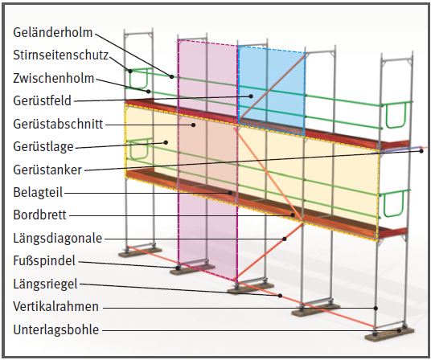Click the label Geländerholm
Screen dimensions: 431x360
click(x=53, y=32)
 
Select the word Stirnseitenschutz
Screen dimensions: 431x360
click(x=61, y=55)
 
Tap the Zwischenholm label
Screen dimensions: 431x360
click(x=54, y=78)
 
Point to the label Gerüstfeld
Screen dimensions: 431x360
click(x=43, y=100)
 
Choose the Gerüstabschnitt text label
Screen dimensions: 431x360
click(x=58, y=124)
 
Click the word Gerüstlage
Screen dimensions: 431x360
click(x=43, y=146)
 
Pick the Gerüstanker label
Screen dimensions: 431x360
click(x=47, y=170)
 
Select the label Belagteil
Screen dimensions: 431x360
click(x=38, y=193)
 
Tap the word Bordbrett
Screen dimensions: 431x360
click(x=39, y=215)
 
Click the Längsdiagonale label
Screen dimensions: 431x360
click(x=58, y=238)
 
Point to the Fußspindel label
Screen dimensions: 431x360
click(x=44, y=260)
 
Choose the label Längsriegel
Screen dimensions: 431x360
click(x=45, y=284)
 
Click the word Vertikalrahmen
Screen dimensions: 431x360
click(x=55, y=306)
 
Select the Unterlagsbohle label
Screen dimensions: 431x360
click(x=56, y=329)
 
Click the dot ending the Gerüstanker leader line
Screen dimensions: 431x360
click(x=421, y=151)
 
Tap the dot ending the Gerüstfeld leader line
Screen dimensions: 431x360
click(x=251, y=96)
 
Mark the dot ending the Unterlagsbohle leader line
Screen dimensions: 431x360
click(x=398, y=331)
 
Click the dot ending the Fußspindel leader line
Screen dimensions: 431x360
click(x=179, y=267)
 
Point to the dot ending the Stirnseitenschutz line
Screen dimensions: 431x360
click(x=130, y=72)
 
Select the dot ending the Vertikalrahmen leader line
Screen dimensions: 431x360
click(x=376, y=309)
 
